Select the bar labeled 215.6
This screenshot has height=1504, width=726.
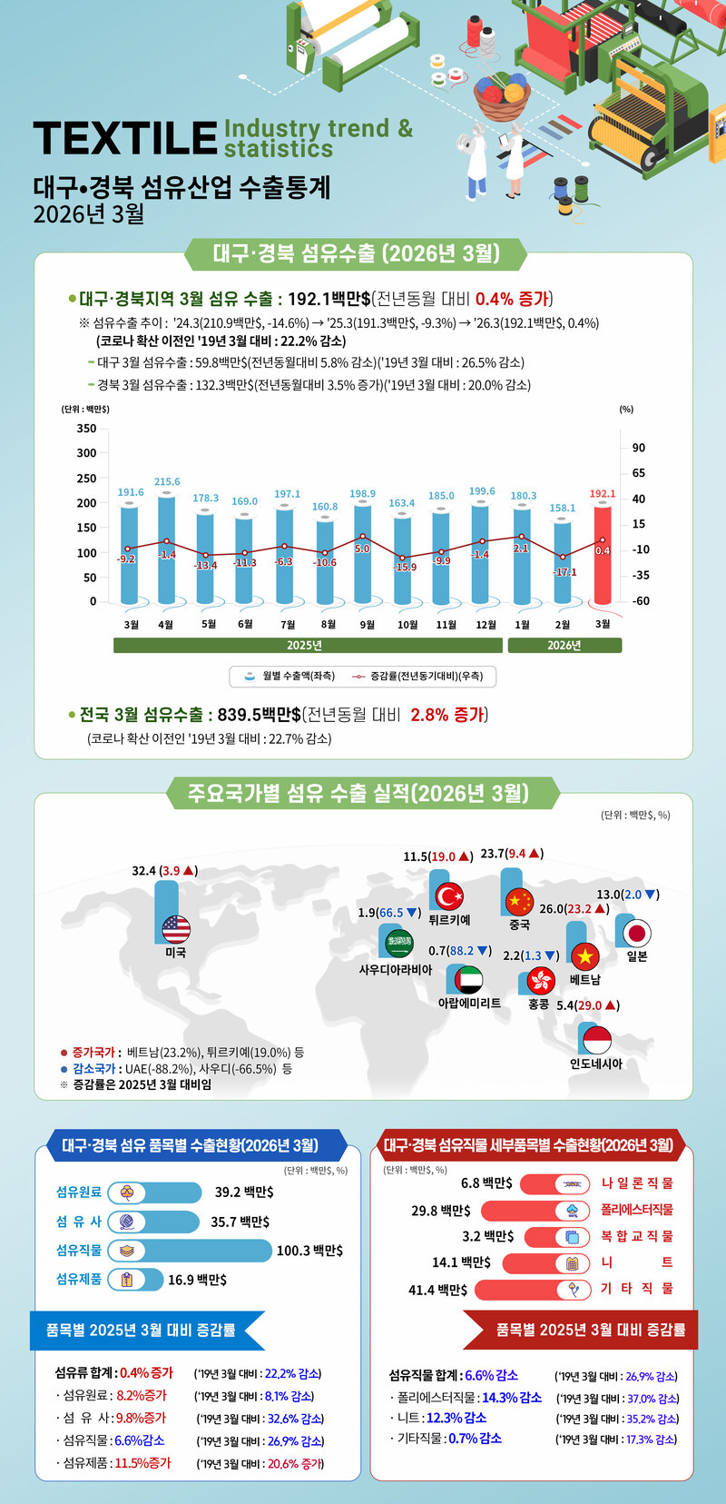point(166,549)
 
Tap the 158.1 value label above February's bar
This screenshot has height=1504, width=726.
point(563,508)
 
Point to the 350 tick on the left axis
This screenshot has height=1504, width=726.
point(86,429)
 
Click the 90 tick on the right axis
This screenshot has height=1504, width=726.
point(639,448)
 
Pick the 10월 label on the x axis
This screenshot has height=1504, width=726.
point(407,625)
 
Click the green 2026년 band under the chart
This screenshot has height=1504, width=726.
point(564,645)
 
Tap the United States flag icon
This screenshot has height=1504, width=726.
point(176,929)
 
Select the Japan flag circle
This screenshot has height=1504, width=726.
point(637,933)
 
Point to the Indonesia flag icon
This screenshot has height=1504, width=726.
point(596,1040)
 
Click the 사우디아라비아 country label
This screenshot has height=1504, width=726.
point(396,970)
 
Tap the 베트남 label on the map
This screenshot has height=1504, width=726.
point(585,980)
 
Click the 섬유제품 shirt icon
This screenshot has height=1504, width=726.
point(127,1280)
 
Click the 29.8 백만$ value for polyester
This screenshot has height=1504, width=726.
point(441,1210)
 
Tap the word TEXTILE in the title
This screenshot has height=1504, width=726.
point(125,138)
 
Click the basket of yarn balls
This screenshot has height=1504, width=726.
point(502,96)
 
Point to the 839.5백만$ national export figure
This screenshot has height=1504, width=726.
point(259,715)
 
